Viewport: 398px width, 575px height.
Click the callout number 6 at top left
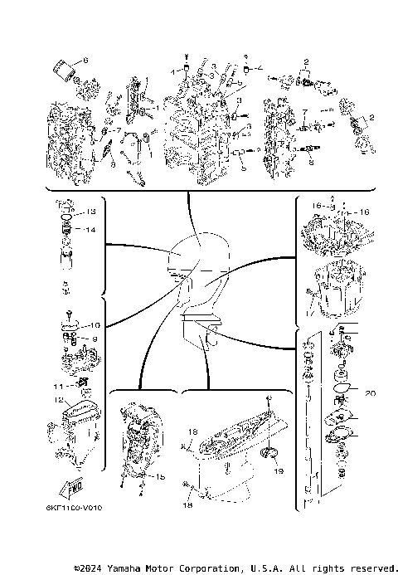click(x=84, y=60)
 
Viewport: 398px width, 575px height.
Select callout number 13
click(x=90, y=212)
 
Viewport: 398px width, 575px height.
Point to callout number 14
click(x=90, y=229)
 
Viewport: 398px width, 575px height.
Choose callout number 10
click(x=95, y=325)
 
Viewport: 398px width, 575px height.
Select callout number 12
click(x=60, y=401)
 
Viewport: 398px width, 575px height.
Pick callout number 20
click(x=370, y=392)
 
